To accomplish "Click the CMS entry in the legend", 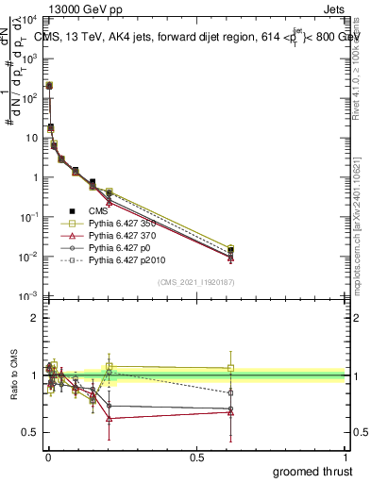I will tap(98, 211).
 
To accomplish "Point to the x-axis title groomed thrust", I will tap(312, 470).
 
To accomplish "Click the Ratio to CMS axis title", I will tap(12, 375).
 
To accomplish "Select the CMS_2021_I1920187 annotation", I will tap(195, 281).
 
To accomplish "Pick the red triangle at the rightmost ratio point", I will tap(231, 412).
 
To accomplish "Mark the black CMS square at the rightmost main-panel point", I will tap(231, 251).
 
